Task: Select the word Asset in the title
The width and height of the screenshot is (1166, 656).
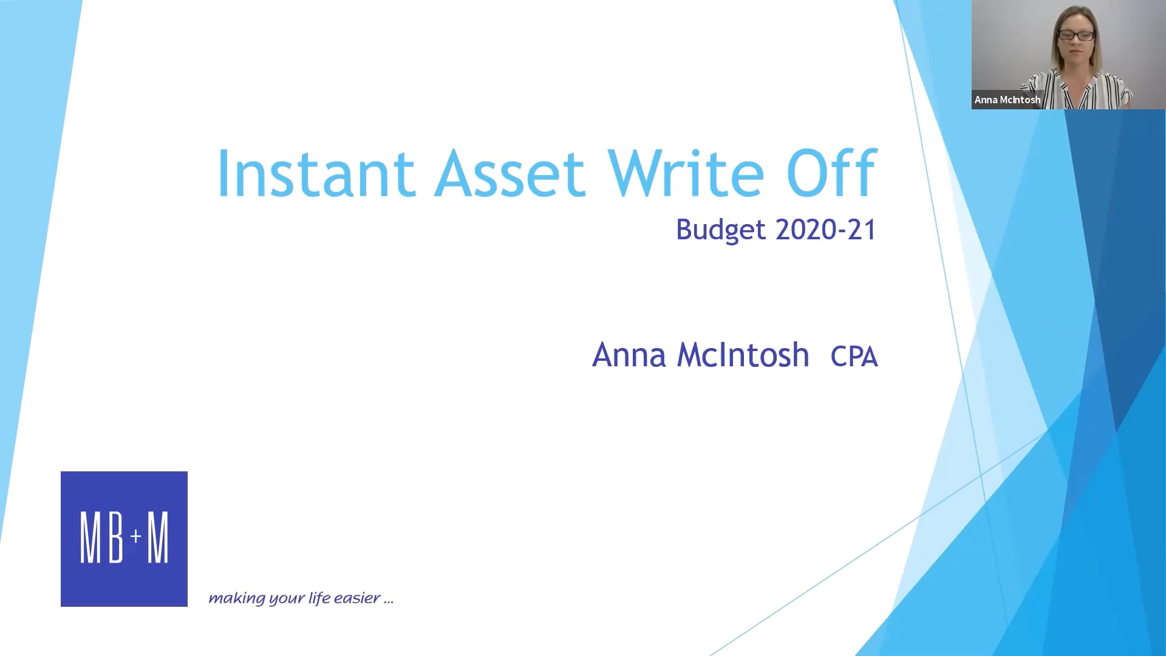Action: coord(510,174)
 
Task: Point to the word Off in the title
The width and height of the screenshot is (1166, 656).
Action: coord(831,174)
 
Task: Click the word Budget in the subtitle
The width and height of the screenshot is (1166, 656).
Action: coord(721,230)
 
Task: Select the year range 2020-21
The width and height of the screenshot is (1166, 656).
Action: coord(826,230)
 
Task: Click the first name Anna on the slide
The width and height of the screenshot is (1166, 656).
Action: coord(629,355)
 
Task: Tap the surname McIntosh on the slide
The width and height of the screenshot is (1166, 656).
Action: coord(743,355)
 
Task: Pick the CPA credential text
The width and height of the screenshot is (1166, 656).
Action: coord(854,357)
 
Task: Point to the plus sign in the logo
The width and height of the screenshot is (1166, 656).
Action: coord(136,536)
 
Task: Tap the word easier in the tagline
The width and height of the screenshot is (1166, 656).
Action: coord(357,598)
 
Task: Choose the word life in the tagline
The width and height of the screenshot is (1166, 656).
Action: coord(319,598)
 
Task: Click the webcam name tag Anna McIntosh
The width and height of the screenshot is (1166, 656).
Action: coord(1007,100)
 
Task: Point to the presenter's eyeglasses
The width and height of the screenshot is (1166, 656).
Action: coord(1077,36)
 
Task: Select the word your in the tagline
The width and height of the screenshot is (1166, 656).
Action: coord(286,599)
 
